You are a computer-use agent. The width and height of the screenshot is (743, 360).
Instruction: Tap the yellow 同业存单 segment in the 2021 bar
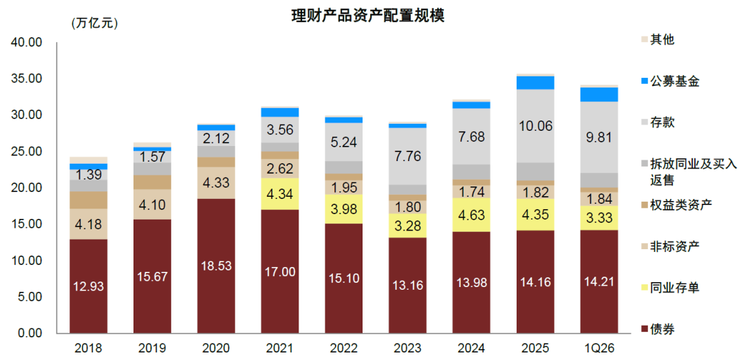(280, 194)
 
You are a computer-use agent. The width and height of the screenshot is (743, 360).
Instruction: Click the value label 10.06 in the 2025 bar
(535, 125)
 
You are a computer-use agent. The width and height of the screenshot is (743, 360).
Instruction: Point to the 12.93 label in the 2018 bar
(88, 286)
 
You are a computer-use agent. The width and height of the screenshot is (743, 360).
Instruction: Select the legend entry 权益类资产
(680, 205)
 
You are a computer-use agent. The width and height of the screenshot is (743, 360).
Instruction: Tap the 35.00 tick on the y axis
(27, 78)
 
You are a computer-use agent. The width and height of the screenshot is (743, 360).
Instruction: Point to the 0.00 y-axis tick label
(30, 333)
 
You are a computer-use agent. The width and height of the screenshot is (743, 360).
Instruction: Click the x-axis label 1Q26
(599, 348)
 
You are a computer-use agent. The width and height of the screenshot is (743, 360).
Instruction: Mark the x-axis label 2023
(407, 348)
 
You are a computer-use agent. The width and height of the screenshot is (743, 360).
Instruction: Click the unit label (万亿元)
(95, 23)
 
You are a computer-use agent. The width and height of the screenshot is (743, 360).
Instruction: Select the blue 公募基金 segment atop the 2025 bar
(535, 83)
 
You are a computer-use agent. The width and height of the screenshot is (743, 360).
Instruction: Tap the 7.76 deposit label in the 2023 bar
(407, 156)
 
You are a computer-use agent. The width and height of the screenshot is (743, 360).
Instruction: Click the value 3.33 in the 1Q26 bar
(599, 218)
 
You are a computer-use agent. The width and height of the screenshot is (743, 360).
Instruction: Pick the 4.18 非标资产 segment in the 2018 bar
(88, 224)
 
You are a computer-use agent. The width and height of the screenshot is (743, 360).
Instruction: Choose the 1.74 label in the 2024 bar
(471, 192)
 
